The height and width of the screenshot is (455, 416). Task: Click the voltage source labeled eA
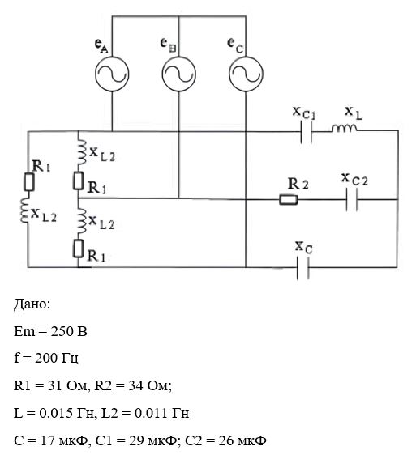112,74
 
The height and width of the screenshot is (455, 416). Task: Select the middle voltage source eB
178,74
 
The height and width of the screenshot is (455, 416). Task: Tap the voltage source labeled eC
246,74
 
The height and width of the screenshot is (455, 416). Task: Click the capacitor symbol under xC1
306,132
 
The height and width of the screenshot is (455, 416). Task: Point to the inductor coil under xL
345,129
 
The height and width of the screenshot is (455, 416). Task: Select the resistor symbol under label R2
289,200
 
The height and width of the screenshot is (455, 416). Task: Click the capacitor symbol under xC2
352,200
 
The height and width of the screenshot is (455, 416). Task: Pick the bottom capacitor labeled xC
303,267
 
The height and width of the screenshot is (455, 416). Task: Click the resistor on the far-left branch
28,182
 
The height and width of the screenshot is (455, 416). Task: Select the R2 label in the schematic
298,184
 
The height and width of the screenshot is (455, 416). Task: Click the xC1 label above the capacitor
304,113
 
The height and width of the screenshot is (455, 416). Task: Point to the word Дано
32,304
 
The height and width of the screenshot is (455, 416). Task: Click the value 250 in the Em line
61,331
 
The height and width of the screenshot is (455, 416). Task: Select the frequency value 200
46,358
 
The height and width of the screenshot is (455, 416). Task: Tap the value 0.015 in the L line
56,413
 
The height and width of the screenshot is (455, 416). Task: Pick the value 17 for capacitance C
47,440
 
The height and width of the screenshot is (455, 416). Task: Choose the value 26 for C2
226,440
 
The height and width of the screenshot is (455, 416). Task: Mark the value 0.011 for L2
151,413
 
